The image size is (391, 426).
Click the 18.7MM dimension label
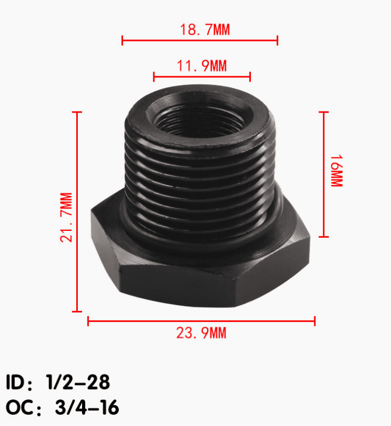[205, 29]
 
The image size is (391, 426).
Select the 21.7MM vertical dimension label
[66, 217]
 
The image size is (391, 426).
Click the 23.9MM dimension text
[201, 334]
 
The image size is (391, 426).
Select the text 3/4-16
[87, 408]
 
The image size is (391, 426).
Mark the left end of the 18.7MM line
[123, 41]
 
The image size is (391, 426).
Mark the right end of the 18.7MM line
[278, 41]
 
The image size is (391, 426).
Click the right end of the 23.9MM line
[315, 321]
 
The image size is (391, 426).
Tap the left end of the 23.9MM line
[88, 321]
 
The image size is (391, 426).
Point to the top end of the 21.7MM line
[78, 112]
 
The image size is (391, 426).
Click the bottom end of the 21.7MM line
[78, 311]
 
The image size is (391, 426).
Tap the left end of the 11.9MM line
[154, 77]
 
